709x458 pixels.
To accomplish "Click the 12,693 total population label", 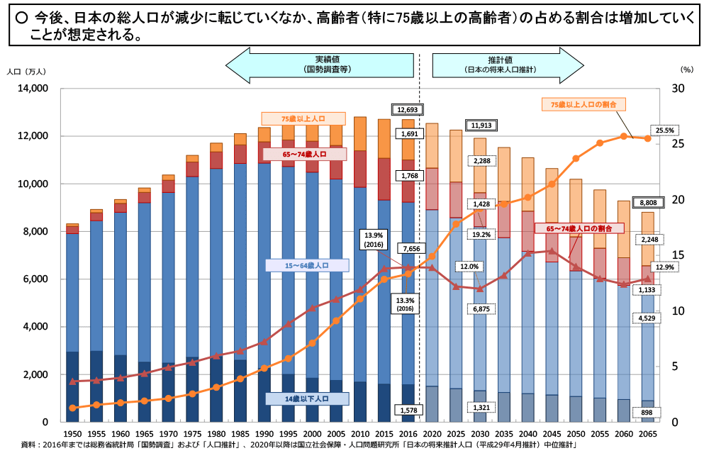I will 408,110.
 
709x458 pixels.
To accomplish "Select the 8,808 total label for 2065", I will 647,201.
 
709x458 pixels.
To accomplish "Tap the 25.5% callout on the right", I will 664,130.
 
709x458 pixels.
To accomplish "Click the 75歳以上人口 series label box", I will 303,118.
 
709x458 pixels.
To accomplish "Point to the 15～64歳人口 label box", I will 307,266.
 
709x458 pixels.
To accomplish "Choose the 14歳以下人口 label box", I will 307,399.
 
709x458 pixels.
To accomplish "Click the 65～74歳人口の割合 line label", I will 579,228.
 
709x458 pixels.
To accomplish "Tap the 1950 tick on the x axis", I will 72,433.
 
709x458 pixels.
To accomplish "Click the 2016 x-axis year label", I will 408,433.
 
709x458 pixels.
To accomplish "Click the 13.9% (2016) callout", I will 374,239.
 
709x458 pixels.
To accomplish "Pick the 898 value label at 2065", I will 646,412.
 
